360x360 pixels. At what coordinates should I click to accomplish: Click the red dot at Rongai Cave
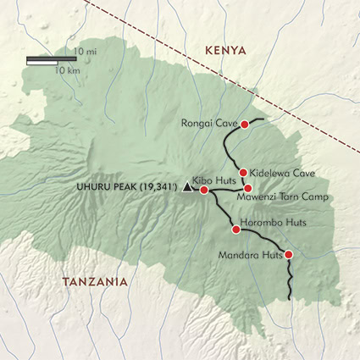[x=245, y=125]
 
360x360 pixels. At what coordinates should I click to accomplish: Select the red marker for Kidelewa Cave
[x=243, y=172]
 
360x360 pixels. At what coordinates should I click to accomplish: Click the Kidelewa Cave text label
[x=282, y=172]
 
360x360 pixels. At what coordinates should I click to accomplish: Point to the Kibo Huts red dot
[x=204, y=191]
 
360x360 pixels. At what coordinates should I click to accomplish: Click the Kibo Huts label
[x=210, y=180]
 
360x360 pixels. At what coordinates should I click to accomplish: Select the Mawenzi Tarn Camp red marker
[x=248, y=188]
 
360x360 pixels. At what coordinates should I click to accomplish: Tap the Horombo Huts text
[x=272, y=223]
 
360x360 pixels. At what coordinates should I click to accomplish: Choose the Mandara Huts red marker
[x=288, y=254]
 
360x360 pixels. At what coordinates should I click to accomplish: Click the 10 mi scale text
[x=84, y=52]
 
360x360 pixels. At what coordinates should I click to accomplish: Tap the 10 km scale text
[x=67, y=70]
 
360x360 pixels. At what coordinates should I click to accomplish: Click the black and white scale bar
[x=50, y=60]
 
